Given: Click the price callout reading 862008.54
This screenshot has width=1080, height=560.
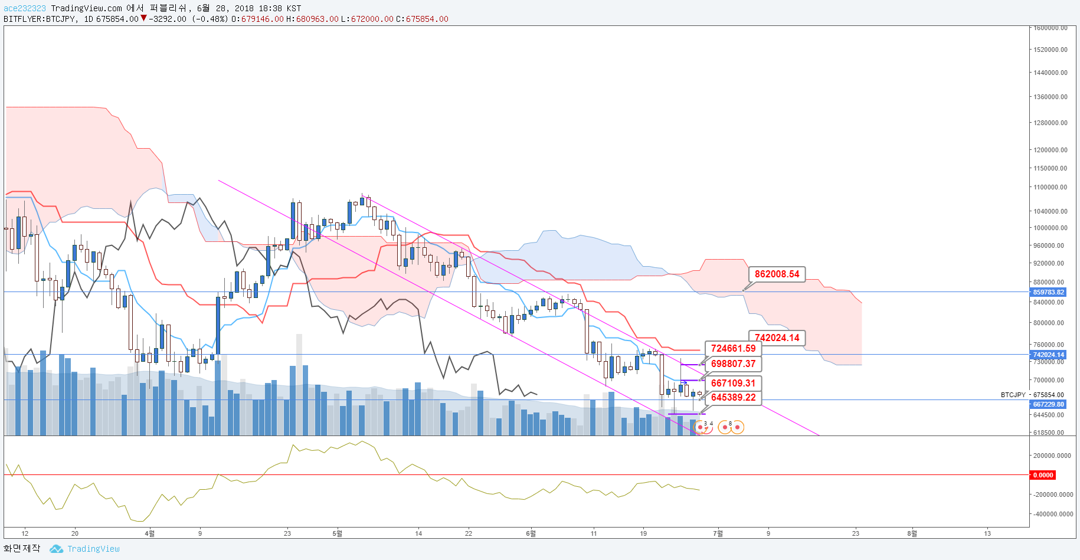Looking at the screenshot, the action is tap(777, 274).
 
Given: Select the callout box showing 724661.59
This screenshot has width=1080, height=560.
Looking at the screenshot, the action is tap(733, 349).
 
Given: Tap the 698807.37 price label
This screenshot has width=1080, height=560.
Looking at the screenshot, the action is tap(733, 364).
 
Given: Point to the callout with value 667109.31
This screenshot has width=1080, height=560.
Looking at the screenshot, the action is tap(733, 384).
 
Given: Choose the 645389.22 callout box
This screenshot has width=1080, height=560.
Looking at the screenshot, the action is tap(733, 398).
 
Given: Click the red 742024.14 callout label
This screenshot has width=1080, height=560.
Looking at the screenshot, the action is tap(777, 338).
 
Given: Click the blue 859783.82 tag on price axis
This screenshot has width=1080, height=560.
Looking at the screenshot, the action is tap(1049, 292).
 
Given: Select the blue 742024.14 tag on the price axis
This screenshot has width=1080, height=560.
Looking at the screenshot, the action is tap(1049, 355).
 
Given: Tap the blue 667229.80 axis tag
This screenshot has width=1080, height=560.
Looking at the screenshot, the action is tap(1049, 404).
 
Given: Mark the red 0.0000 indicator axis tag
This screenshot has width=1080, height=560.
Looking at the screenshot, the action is tap(1043, 475).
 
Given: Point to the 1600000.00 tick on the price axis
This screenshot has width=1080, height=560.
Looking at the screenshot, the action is tap(1050, 28).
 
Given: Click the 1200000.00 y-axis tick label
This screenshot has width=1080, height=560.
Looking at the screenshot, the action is tap(1050, 150).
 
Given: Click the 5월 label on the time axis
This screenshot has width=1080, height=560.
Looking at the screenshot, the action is tap(337, 533).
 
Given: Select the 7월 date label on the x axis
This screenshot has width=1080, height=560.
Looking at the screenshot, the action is tap(718, 533).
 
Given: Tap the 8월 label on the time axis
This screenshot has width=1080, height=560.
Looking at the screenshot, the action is tap(912, 533).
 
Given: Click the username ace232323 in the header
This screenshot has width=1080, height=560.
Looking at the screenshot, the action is tap(25, 8).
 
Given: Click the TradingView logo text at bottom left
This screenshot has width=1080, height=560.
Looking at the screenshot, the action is tap(93, 549).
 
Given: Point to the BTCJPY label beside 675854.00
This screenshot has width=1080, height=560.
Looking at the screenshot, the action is tap(1013, 395).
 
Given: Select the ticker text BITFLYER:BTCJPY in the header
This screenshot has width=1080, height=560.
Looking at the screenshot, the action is tap(40, 19).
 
